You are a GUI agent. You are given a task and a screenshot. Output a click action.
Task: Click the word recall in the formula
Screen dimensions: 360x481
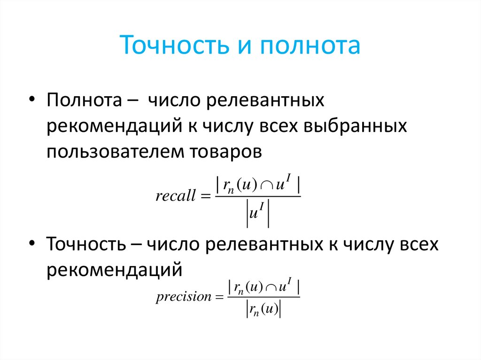(175, 196)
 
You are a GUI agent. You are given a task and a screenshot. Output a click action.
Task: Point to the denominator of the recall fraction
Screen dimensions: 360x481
(257, 214)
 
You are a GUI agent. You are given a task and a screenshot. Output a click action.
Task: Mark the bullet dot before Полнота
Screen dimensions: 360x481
(31, 101)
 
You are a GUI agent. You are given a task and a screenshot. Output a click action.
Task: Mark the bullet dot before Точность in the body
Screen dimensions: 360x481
(31, 245)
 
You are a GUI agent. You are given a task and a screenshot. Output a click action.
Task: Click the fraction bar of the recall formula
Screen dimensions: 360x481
(257, 197)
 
